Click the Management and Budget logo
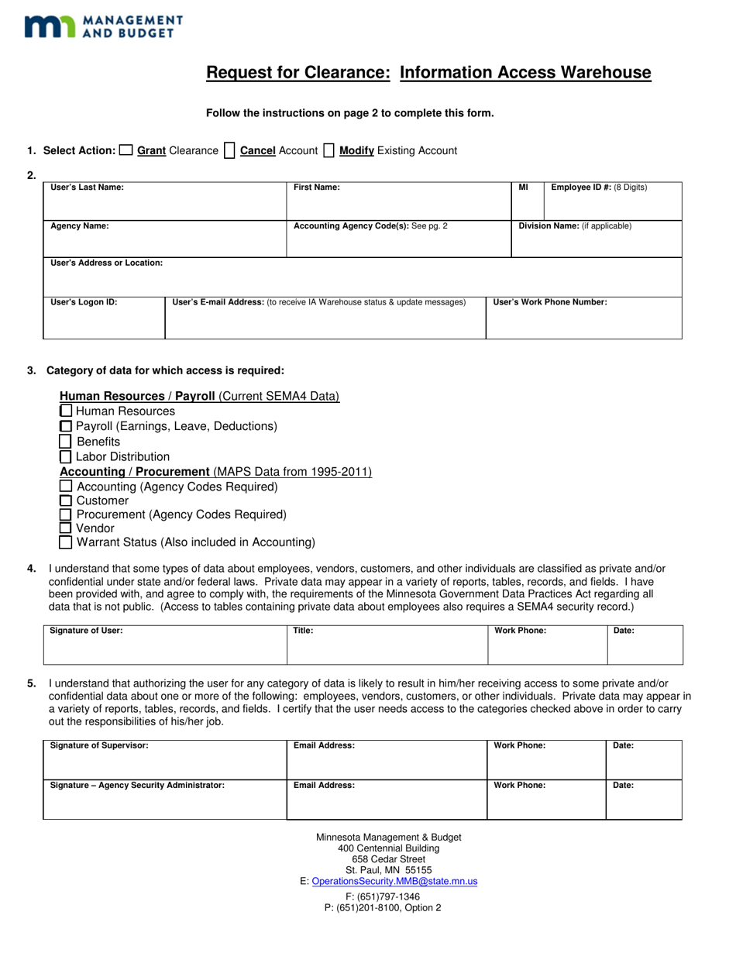click(x=103, y=26)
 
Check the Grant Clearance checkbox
click(x=126, y=151)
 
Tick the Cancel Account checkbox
click(x=229, y=151)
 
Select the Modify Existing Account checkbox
click(x=328, y=151)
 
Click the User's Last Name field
click(x=164, y=205)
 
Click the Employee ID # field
click(x=613, y=205)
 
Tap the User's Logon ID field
click(x=104, y=322)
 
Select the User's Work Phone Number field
click(x=583, y=322)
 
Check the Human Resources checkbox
click(x=66, y=411)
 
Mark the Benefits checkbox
click(x=66, y=442)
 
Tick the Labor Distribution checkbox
click(x=66, y=457)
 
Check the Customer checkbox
click(x=66, y=501)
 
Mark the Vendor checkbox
click(x=66, y=528)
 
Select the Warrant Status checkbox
click(x=66, y=542)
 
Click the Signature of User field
click(x=164, y=649)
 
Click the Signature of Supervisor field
click(x=164, y=765)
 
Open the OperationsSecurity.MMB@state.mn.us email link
click(x=394, y=881)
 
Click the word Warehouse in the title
click(x=604, y=73)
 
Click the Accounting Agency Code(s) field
click(x=398, y=243)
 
